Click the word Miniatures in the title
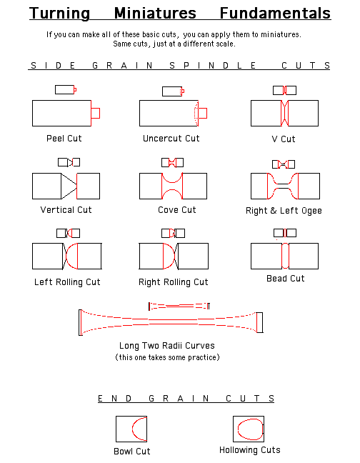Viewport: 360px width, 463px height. pos(155,14)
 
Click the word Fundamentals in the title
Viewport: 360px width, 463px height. pos(275,14)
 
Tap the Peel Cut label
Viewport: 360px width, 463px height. pos(64,139)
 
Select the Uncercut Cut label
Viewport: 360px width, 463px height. pos(171,139)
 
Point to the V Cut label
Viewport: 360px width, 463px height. pos(284,139)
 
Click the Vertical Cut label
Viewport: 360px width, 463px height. pos(66,210)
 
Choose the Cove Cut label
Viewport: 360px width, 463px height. pos(176,210)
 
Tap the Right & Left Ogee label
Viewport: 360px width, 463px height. pos(284,211)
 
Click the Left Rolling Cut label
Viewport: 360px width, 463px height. pos(67,282)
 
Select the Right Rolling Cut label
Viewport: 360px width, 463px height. pos(174,282)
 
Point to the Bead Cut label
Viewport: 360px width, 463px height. pos(285,279)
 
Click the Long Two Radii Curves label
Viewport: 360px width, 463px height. pos(167,346)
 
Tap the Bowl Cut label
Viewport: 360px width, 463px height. pos(132,451)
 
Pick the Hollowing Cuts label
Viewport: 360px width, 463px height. pos(249,450)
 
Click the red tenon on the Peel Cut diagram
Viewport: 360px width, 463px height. pos(95,113)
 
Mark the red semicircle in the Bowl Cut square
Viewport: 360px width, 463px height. pos(132,429)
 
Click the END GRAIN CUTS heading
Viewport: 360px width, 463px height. pos(186,399)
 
